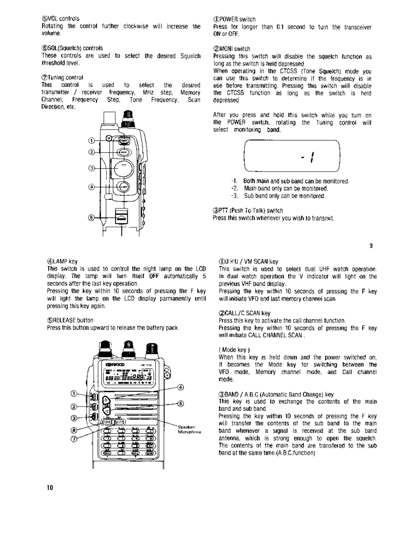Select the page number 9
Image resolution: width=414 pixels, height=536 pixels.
[370, 246]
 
